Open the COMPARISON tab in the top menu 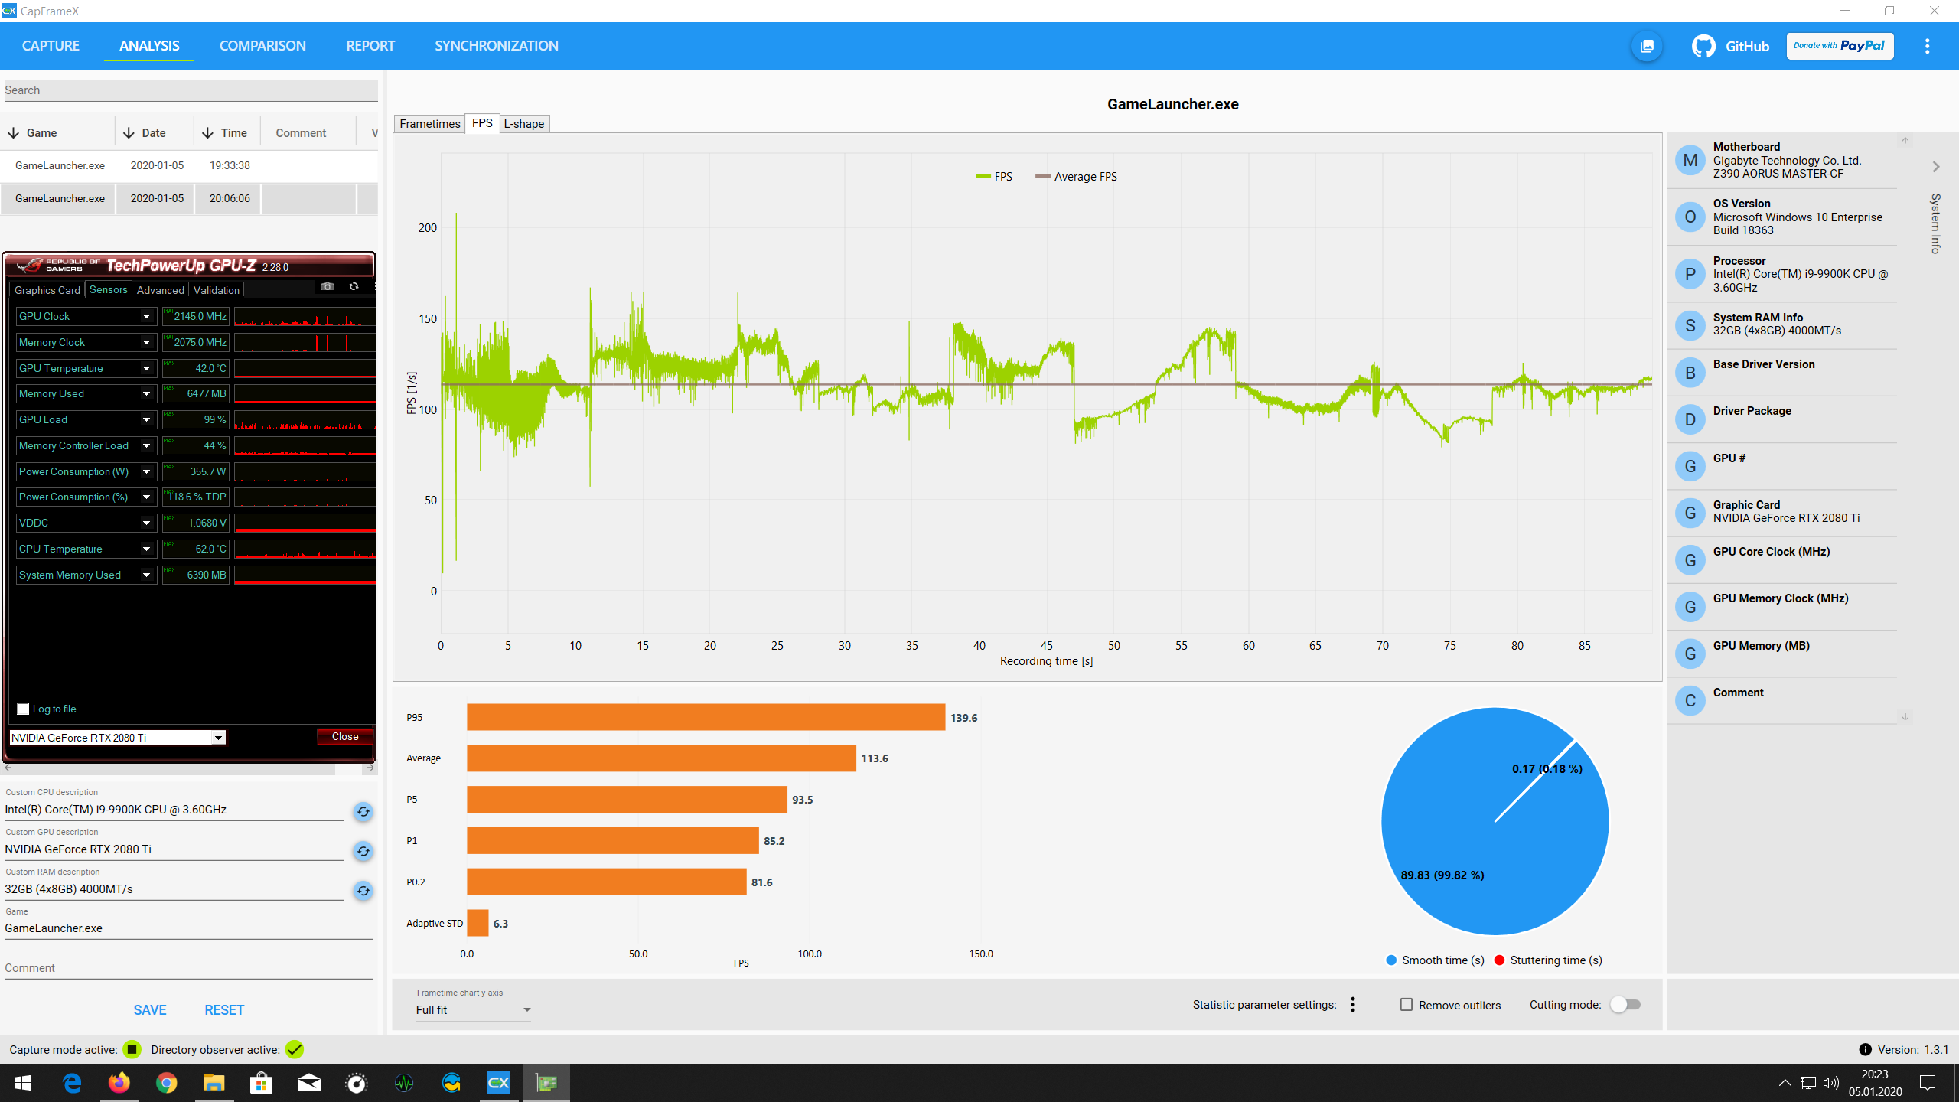pos(262,46)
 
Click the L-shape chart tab pos(524,124)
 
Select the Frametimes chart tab pos(430,124)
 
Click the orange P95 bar pos(706,717)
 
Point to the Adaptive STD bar pos(478,923)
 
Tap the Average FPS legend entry pos(1076,177)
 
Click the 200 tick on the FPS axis pos(428,228)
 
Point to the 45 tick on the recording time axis pos(1047,646)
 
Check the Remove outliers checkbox pos(1407,1005)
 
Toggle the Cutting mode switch pos(1625,1005)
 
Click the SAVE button pos(150,1010)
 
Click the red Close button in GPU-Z pos(345,736)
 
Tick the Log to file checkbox pos(23,709)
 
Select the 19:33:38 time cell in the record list pos(230,165)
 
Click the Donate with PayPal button pos(1840,46)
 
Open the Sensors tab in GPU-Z pos(109,289)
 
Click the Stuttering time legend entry pos(1548,960)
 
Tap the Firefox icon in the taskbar pos(119,1083)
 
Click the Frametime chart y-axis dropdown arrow pos(527,1010)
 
